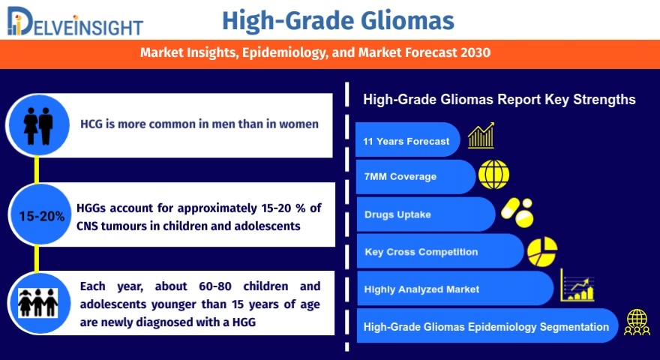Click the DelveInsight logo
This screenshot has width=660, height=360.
click(x=75, y=22)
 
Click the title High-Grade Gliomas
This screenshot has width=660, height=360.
click(x=338, y=21)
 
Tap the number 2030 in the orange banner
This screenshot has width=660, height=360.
click(x=475, y=52)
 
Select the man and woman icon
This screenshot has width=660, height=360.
click(x=38, y=125)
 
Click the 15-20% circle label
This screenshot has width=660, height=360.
click(x=42, y=217)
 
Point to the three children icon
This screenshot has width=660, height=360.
click(x=38, y=303)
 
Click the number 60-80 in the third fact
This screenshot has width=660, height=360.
click(x=215, y=286)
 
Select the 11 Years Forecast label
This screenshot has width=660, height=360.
click(x=406, y=142)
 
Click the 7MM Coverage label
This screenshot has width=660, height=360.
click(x=400, y=177)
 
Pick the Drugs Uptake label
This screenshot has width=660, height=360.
click(x=397, y=214)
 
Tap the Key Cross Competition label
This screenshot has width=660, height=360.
click(x=421, y=252)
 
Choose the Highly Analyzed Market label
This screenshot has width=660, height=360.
click(x=421, y=289)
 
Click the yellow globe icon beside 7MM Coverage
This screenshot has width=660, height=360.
click(x=493, y=174)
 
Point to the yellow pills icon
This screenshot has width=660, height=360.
click(x=517, y=213)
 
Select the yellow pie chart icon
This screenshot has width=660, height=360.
click(x=542, y=251)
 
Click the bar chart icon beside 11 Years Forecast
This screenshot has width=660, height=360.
click(x=481, y=135)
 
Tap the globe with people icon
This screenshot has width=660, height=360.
click(x=637, y=322)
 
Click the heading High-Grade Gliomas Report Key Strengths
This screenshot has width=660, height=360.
click(x=499, y=100)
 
